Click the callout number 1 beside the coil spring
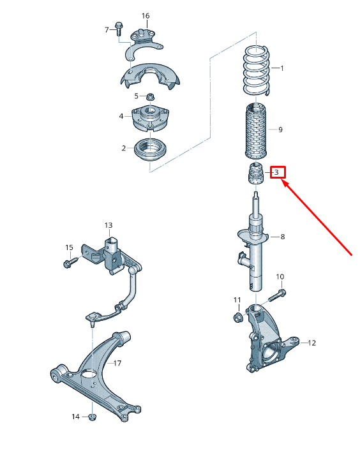tap(281, 68)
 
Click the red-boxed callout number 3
tap(277, 172)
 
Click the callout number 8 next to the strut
tap(282, 237)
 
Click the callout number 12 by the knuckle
tap(311, 343)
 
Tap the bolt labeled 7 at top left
tap(119, 27)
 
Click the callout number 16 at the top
tap(146, 15)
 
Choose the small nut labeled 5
tap(150, 96)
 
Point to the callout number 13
tap(109, 225)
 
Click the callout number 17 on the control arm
tap(117, 363)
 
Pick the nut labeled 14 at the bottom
tap(91, 417)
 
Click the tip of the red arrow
tap(283, 181)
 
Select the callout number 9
tap(280, 129)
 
